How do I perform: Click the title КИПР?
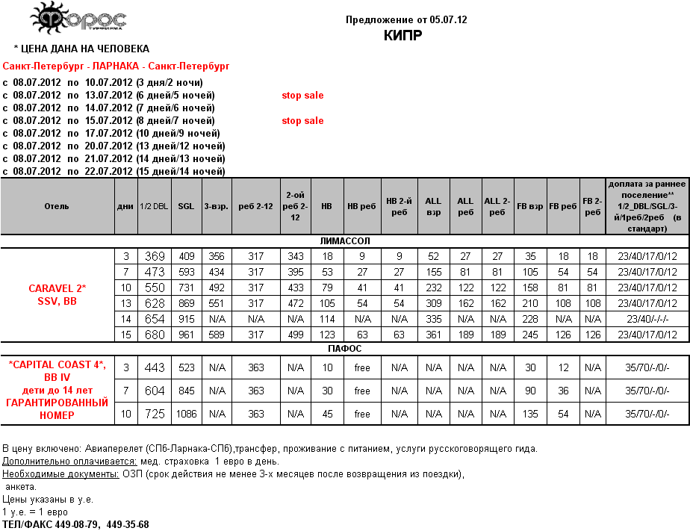click(x=405, y=35)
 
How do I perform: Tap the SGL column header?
click(x=186, y=206)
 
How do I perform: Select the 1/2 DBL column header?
click(x=154, y=206)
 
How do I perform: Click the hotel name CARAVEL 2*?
click(x=57, y=288)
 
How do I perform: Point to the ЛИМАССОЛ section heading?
click(x=344, y=241)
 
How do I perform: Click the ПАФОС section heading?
click(x=344, y=348)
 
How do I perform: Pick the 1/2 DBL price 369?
click(x=154, y=256)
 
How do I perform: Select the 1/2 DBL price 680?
click(x=154, y=334)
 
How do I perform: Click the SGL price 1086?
click(x=186, y=414)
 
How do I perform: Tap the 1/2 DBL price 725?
click(x=154, y=414)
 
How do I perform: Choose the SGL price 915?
click(x=186, y=319)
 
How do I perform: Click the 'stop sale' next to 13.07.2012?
click(x=302, y=96)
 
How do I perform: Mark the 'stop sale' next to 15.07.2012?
click(x=302, y=121)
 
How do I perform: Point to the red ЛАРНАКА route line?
click(x=116, y=66)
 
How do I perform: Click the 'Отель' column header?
click(x=57, y=206)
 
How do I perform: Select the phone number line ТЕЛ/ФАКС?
click(x=75, y=524)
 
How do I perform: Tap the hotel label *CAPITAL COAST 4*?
click(x=57, y=364)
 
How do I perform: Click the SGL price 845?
click(x=186, y=391)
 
